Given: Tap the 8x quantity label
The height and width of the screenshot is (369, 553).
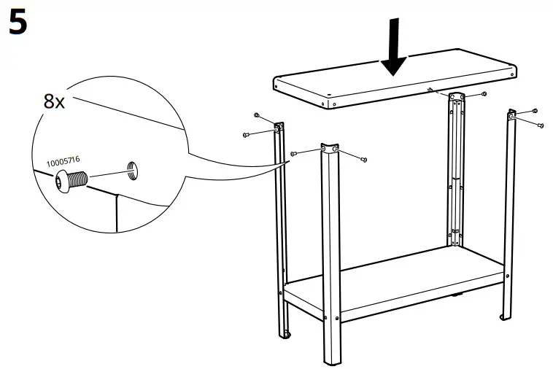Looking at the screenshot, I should click(54, 101).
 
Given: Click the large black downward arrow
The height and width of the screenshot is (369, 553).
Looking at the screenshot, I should click(395, 48).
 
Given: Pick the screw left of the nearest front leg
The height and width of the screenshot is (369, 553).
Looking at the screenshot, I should click(294, 153).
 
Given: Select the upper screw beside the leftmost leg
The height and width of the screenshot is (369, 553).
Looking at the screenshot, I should click(257, 116).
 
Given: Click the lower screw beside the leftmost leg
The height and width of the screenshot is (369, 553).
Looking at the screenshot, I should click(246, 135).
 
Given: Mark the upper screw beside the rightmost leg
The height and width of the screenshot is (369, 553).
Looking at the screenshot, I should click(535, 110).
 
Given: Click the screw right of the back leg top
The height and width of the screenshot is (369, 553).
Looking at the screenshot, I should click(483, 95).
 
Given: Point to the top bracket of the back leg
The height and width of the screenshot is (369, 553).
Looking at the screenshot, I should click(457, 98).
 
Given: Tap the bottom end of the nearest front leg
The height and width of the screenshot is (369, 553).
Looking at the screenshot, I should click(330, 360).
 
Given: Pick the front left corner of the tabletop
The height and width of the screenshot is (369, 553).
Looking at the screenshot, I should click(276, 82).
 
